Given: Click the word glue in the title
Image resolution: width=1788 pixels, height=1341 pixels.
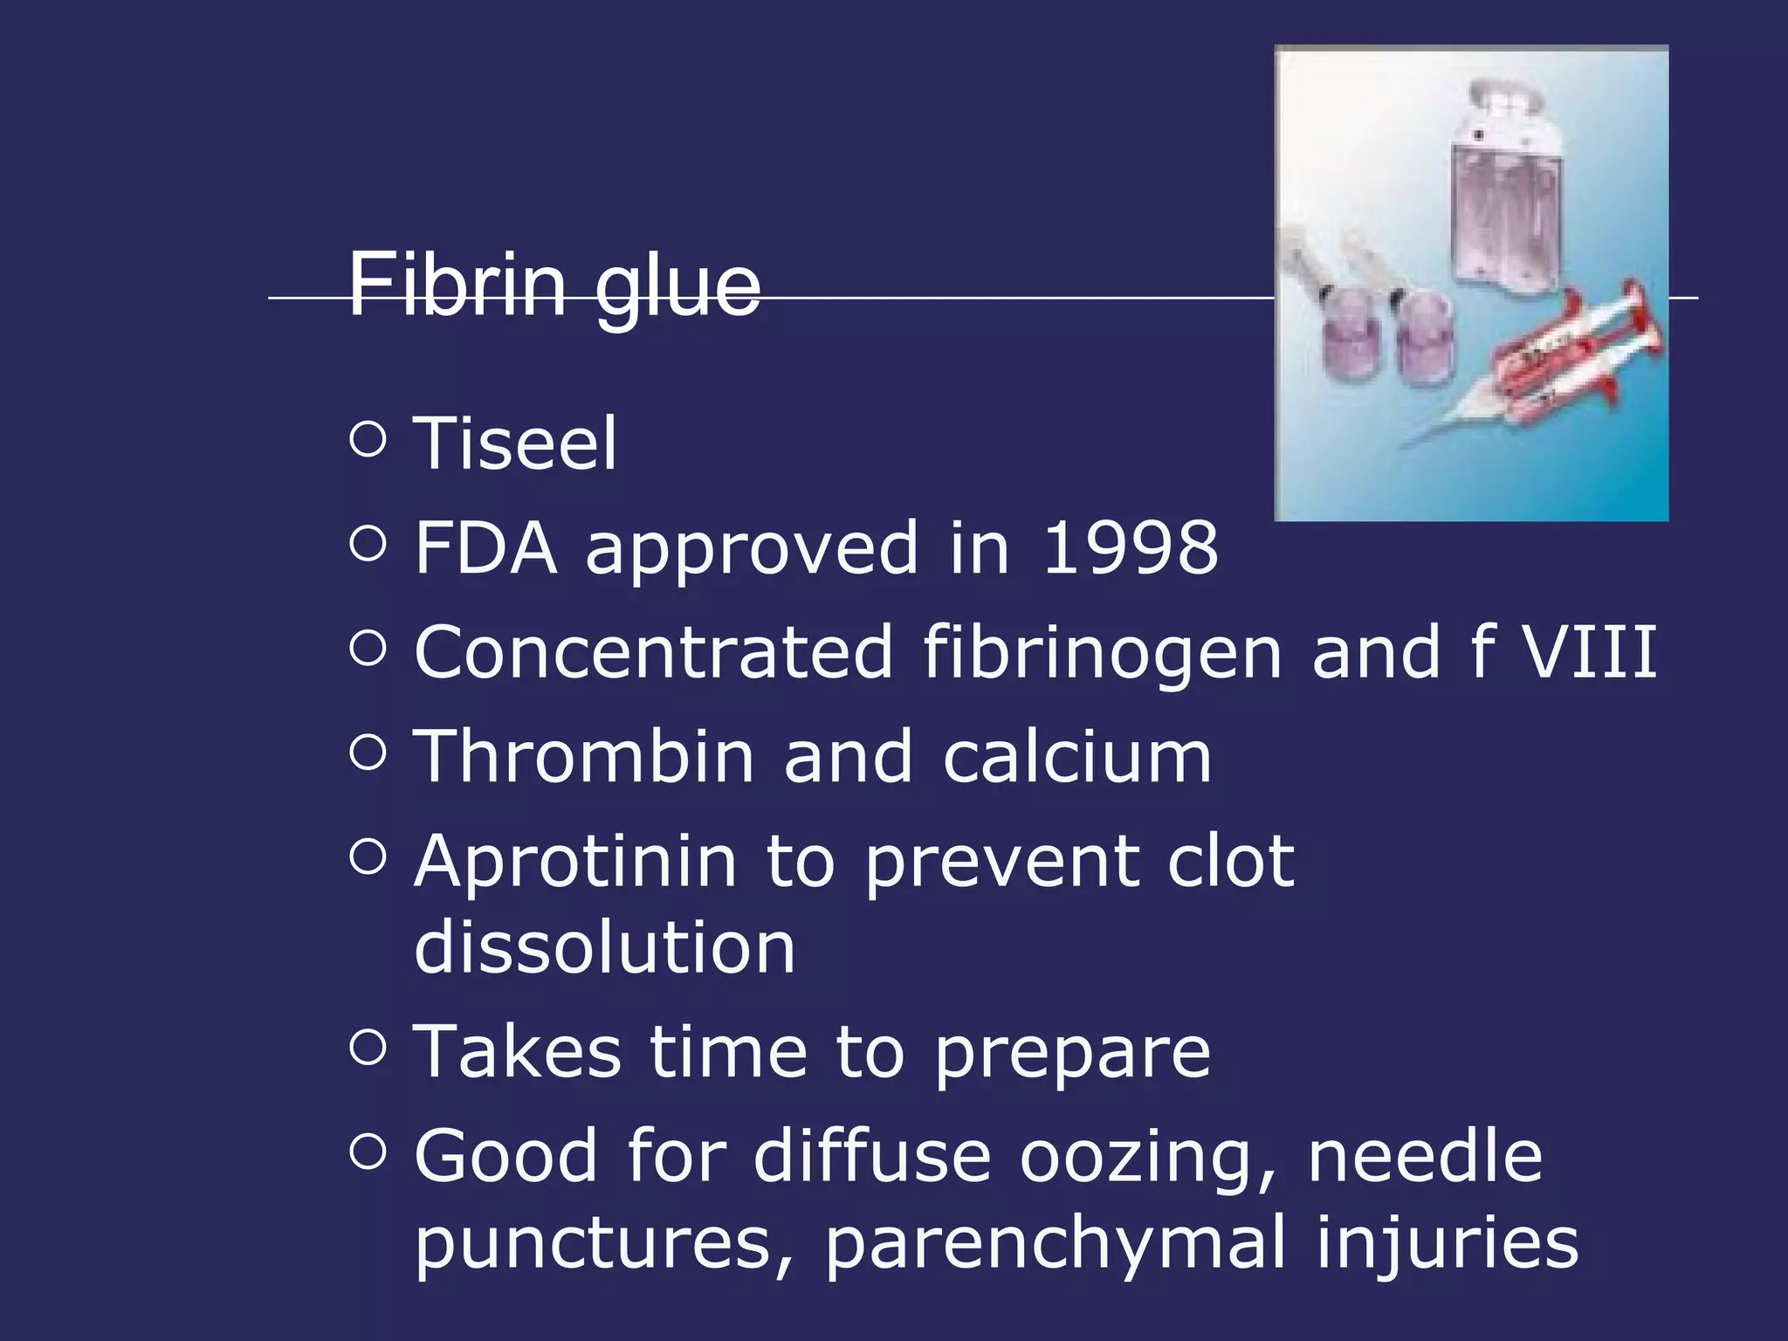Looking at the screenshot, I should [677, 288].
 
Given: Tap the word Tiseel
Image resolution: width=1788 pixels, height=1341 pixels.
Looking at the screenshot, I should [515, 444].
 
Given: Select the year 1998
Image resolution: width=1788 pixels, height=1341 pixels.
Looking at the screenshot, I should [1131, 548].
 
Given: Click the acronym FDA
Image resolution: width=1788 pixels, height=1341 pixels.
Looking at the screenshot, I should [485, 548].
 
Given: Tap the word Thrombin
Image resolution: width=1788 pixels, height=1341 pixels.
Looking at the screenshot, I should [583, 757].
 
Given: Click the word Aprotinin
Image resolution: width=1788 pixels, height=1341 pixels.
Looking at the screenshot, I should [575, 863].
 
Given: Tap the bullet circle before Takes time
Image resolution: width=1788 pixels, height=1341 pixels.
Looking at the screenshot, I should [368, 1047].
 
